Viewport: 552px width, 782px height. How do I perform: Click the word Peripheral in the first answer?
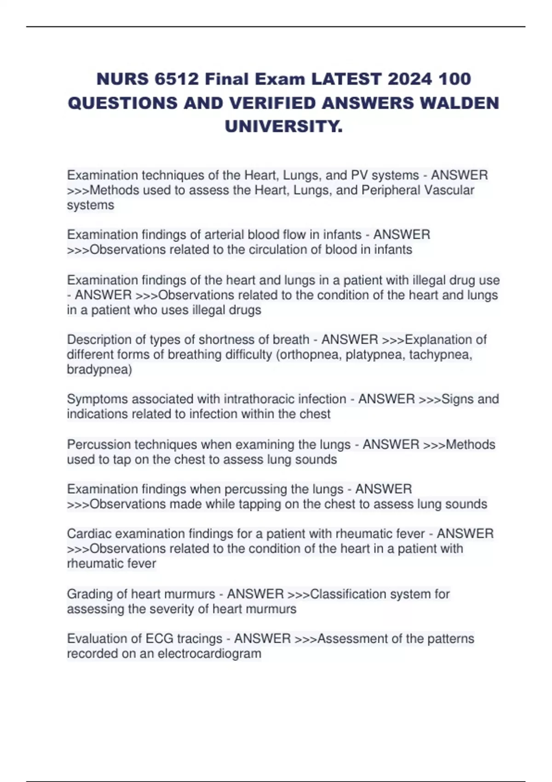[x=391, y=190]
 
